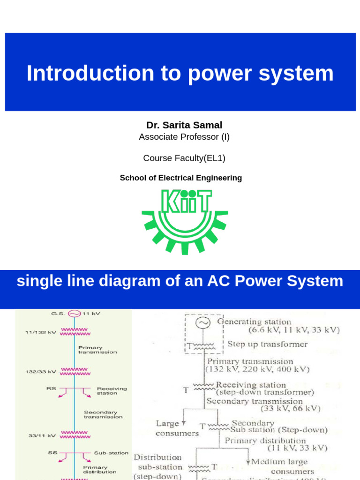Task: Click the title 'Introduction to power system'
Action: point(180,73)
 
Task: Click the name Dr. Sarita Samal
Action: point(184,125)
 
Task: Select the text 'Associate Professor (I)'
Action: point(184,137)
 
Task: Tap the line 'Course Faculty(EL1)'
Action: point(184,158)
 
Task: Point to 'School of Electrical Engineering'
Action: point(181,178)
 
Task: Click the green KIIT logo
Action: point(185,220)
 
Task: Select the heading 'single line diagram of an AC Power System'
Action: point(180,281)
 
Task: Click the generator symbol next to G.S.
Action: point(74,314)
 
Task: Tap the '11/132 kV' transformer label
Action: point(41,332)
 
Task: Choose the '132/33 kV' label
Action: point(41,372)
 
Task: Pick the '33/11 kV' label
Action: point(42,435)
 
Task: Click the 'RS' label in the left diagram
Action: point(51,388)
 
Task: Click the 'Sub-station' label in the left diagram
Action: point(111,453)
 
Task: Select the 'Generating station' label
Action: point(254,322)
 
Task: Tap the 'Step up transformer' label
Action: point(267,344)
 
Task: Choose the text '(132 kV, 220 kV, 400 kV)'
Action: point(257,369)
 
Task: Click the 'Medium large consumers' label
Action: point(281,466)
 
